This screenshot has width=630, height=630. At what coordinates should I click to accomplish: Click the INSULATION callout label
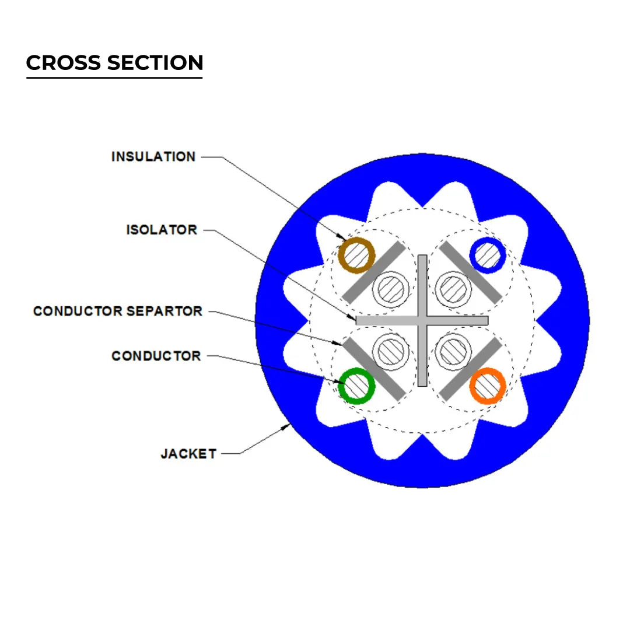(x=153, y=157)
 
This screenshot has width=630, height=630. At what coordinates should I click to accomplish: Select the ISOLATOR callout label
(x=162, y=230)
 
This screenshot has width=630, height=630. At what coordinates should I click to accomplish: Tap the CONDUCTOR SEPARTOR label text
(x=118, y=311)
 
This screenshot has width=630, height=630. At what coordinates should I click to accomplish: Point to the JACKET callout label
(x=188, y=453)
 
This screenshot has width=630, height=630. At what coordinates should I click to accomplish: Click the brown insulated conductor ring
(x=357, y=255)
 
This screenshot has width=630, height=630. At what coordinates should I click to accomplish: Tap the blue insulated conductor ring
(x=487, y=255)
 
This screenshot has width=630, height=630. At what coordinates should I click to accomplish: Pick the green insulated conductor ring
(x=357, y=386)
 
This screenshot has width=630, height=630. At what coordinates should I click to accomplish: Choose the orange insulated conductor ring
(x=487, y=386)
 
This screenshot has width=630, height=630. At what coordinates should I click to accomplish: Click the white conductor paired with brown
(x=390, y=288)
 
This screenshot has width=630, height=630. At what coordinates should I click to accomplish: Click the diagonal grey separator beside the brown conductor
(x=373, y=272)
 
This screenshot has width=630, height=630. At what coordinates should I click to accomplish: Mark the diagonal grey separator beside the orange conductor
(x=470, y=369)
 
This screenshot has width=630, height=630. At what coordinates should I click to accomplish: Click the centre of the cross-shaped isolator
(x=422, y=320)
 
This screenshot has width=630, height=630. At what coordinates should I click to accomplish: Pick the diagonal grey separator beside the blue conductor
(x=470, y=272)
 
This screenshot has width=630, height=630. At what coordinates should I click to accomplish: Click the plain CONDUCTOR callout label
(x=156, y=356)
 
